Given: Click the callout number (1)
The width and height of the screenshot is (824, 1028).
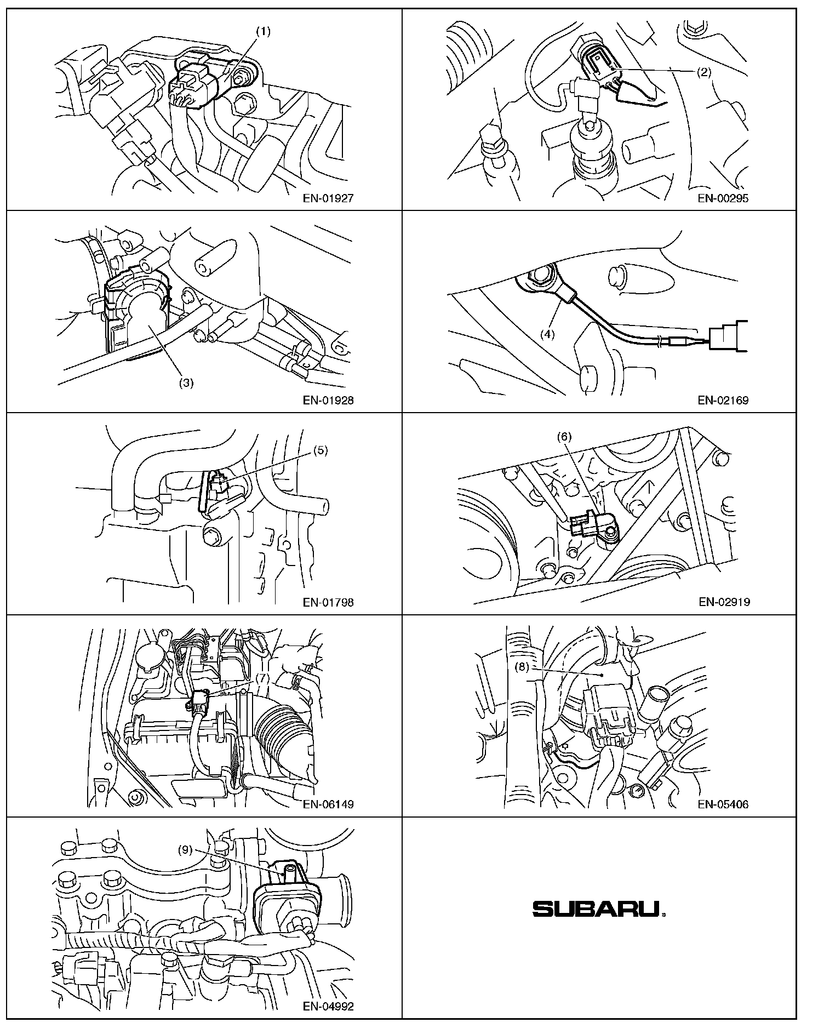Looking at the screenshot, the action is pos(264,32).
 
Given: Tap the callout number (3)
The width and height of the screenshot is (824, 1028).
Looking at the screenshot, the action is pos(186,383).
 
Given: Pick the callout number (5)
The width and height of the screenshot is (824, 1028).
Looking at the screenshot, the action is pos(321,450).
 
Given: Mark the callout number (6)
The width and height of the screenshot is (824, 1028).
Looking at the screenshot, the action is pos(564,437).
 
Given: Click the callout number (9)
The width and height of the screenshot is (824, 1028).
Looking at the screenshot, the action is pos(185,850).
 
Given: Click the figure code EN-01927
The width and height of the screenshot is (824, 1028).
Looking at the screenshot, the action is pos(328,198).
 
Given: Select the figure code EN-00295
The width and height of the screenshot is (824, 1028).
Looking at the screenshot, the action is pos(723,198).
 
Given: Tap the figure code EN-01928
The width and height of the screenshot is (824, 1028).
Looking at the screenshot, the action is pos(328,401).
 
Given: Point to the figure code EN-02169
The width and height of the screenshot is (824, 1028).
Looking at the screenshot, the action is pos(723,401).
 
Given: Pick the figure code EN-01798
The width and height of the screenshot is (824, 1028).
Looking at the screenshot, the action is pos(328,603).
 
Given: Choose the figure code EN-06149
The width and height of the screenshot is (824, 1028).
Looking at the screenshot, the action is pos(328,805).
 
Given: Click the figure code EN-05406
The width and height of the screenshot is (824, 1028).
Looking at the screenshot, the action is pos(723,805).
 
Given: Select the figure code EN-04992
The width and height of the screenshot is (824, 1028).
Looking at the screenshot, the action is pos(328,1007).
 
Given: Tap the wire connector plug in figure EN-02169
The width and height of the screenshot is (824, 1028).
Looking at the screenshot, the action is pos(729,336).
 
